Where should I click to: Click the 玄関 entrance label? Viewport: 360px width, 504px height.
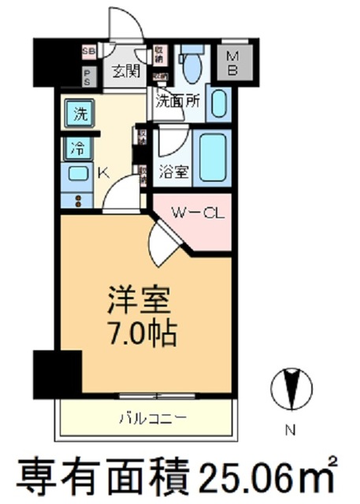(125, 71)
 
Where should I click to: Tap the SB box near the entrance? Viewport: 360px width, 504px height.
(88, 53)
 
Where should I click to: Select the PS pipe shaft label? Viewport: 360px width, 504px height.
(87, 77)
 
